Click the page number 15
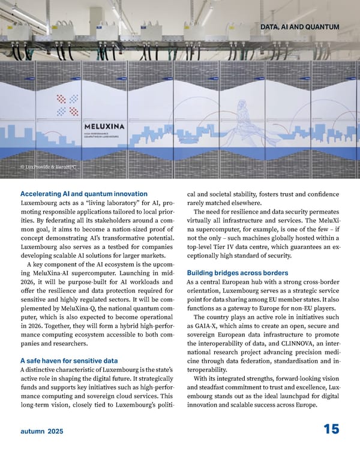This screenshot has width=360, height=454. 331,429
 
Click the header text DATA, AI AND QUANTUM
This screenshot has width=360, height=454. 300,26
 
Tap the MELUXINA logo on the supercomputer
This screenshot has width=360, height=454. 109,127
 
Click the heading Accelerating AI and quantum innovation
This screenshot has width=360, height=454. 84,194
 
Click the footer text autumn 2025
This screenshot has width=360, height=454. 41,431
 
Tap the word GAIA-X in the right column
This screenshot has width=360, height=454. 202,326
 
